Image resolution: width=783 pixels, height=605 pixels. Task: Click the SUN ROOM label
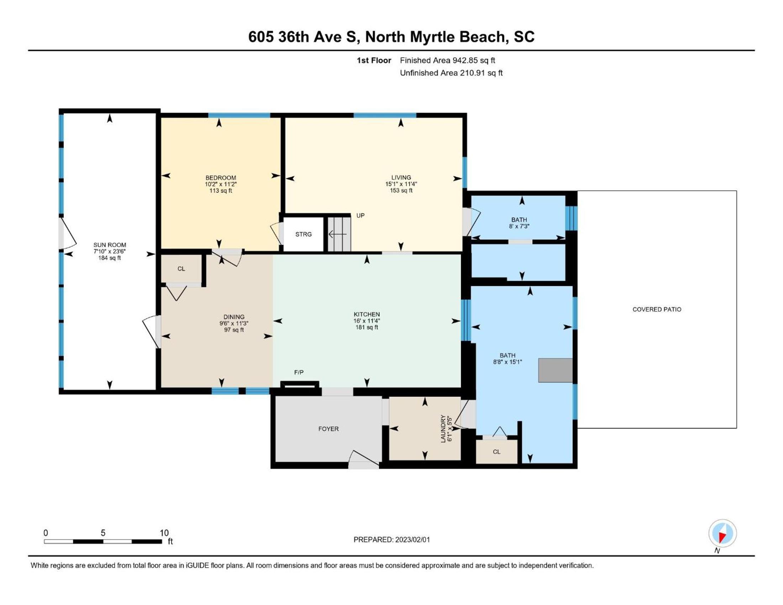click(110, 245)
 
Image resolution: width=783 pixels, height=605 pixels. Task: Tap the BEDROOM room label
click(221, 178)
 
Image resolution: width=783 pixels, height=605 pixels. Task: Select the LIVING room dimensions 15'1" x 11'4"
click(401, 184)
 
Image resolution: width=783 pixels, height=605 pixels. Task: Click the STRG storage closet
click(303, 234)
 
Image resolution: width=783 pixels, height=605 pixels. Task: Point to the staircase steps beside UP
click(339, 234)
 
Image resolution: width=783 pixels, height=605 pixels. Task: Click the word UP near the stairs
click(360, 215)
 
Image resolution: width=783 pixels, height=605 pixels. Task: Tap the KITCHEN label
click(366, 314)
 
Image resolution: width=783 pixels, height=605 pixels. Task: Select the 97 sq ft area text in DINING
click(234, 330)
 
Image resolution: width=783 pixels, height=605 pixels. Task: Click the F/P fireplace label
click(299, 372)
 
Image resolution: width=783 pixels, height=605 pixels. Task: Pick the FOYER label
click(329, 429)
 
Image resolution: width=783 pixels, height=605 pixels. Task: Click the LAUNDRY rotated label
click(443, 429)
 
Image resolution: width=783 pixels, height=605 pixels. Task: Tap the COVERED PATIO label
click(657, 309)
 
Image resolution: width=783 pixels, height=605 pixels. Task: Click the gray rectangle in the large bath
click(555, 370)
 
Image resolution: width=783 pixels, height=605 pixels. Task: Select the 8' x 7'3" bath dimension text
click(519, 226)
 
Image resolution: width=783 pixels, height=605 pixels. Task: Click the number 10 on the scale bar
click(164, 533)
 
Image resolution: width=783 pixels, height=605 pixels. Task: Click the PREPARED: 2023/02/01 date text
click(391, 540)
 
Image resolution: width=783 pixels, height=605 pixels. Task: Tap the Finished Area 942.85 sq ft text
click(447, 60)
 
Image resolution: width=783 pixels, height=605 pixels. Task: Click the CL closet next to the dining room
click(181, 269)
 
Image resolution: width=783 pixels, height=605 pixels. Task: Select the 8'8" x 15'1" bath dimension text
click(507, 362)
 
